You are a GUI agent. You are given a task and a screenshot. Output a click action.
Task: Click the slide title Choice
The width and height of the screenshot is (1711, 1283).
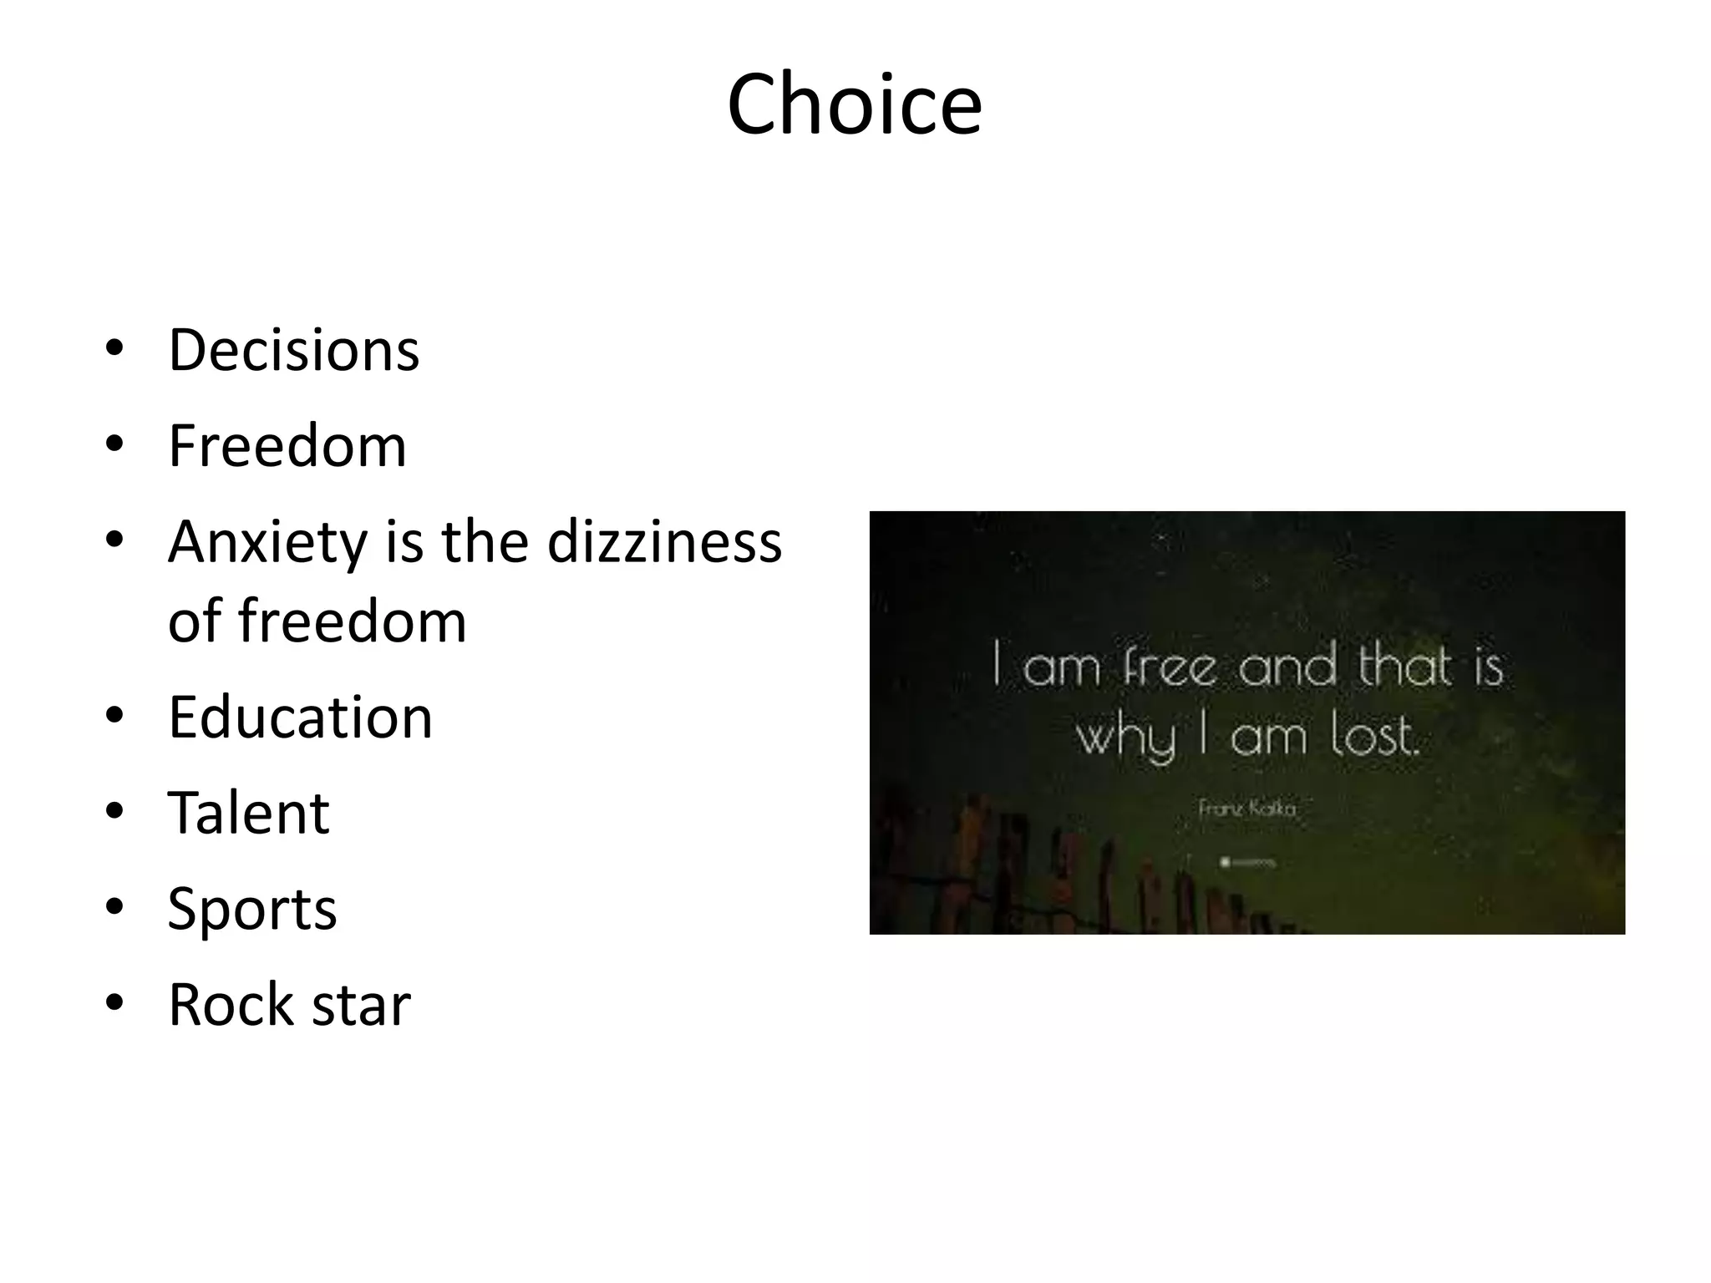(854, 104)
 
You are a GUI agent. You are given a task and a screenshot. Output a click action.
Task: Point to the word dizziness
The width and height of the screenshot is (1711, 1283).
(664, 542)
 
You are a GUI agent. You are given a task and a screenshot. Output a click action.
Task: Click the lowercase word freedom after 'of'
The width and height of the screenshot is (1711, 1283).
(352, 621)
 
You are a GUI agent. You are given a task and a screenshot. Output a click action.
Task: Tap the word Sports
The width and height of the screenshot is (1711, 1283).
(251, 909)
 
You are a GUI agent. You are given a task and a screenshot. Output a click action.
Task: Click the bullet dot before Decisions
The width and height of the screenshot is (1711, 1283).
(114, 347)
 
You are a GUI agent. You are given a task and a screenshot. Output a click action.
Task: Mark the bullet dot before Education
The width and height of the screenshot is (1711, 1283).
(114, 715)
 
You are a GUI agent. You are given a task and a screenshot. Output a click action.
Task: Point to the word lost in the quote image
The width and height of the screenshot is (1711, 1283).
(1373, 736)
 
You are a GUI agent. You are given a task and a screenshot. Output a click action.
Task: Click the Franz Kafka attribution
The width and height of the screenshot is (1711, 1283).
(1246, 809)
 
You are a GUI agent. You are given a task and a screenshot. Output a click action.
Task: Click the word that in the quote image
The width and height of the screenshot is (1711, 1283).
(1405, 666)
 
